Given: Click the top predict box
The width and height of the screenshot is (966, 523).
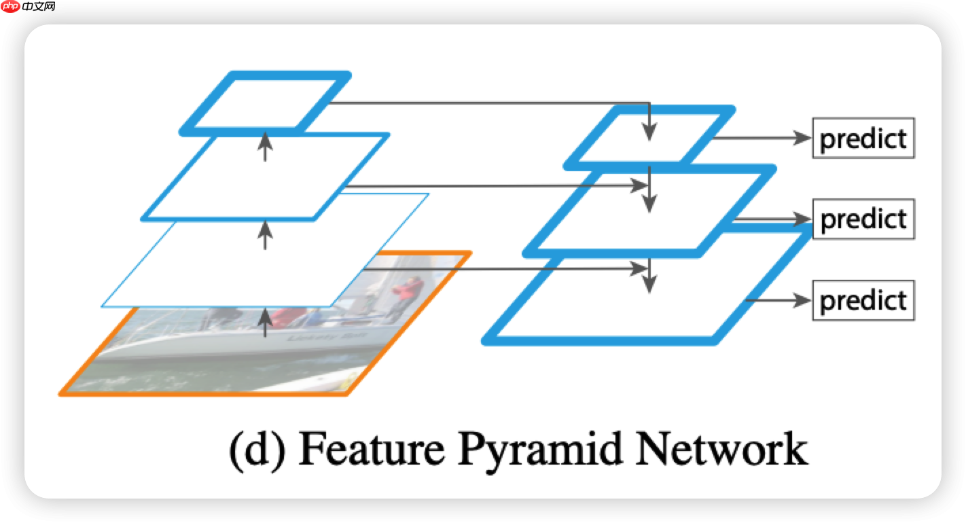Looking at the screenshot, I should click(x=863, y=139).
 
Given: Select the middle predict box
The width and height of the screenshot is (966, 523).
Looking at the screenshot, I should click(x=863, y=219).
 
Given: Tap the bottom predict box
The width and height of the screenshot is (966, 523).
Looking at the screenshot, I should click(x=863, y=300).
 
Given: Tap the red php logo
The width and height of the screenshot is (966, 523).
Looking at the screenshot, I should click(x=11, y=7).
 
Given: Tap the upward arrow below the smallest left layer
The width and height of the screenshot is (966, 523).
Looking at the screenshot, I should click(x=265, y=145).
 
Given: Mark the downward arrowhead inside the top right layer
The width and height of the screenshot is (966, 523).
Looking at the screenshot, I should click(x=651, y=133).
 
